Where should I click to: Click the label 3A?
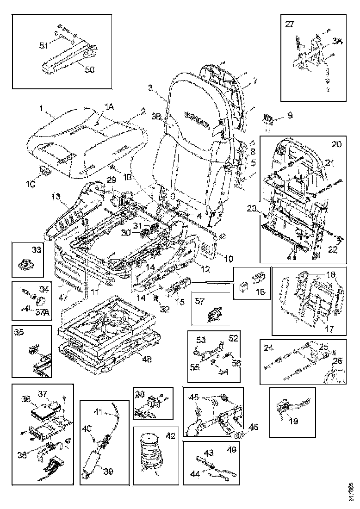pyautogui.click(x=337, y=41)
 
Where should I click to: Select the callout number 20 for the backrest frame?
pyautogui.click(x=336, y=144)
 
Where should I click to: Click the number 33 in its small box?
pyautogui.click(x=36, y=250)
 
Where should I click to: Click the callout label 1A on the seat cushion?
pyautogui.click(x=108, y=106)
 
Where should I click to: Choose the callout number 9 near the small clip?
pyautogui.click(x=290, y=116)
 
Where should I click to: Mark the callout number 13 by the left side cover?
pyautogui.click(x=56, y=197)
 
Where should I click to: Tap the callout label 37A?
pyautogui.click(x=43, y=311)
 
